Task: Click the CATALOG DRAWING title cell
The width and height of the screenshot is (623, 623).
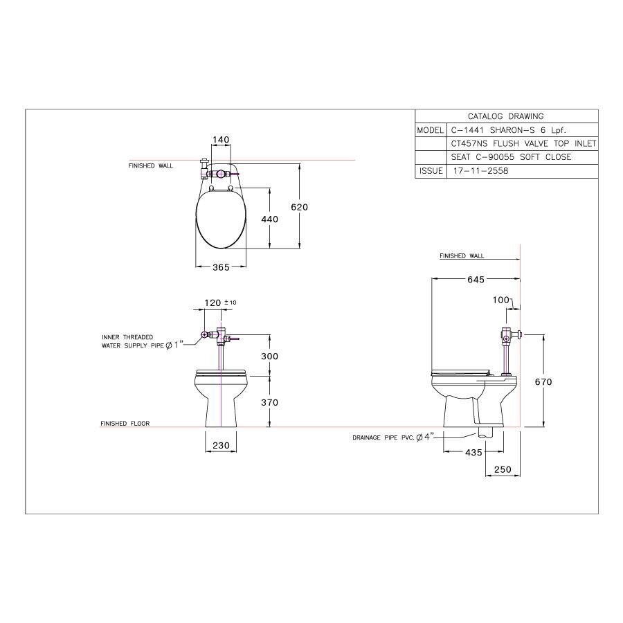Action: point(505,116)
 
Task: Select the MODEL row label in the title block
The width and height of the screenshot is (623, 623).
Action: point(429,130)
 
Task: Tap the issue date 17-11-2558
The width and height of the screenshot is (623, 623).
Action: point(478,171)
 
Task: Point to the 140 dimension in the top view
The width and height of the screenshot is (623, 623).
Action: point(220,140)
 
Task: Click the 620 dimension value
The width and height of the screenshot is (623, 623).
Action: point(299,206)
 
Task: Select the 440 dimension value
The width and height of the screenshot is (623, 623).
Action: point(269,219)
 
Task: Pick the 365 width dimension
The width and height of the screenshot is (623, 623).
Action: point(220,268)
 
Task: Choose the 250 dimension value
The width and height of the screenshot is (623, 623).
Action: point(502,470)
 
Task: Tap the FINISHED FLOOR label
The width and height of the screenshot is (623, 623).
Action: point(125,424)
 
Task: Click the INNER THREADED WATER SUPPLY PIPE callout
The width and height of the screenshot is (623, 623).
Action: point(136,341)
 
